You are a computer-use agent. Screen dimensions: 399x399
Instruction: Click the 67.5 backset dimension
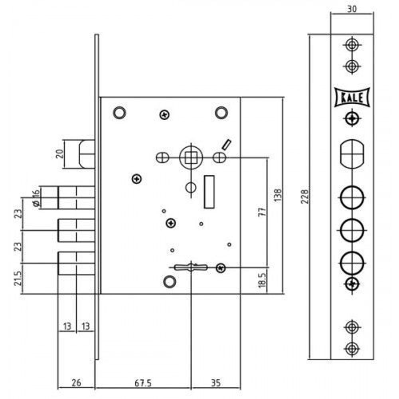143,384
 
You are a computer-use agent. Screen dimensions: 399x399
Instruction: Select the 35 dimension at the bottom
215,384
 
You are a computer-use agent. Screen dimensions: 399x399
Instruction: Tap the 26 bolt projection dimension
76,384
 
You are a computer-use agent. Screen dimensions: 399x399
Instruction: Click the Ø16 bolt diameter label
36,198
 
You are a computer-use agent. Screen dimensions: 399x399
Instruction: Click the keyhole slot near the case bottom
190,267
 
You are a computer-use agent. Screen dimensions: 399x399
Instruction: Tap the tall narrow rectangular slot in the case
209,192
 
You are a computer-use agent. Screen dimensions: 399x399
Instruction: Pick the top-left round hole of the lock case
119,113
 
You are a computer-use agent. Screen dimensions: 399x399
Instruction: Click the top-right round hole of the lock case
221,113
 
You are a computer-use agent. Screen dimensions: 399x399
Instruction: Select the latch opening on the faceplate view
352,153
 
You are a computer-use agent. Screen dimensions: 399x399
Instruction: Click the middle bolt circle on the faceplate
352,230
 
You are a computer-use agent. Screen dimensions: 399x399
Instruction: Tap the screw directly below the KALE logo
352,118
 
